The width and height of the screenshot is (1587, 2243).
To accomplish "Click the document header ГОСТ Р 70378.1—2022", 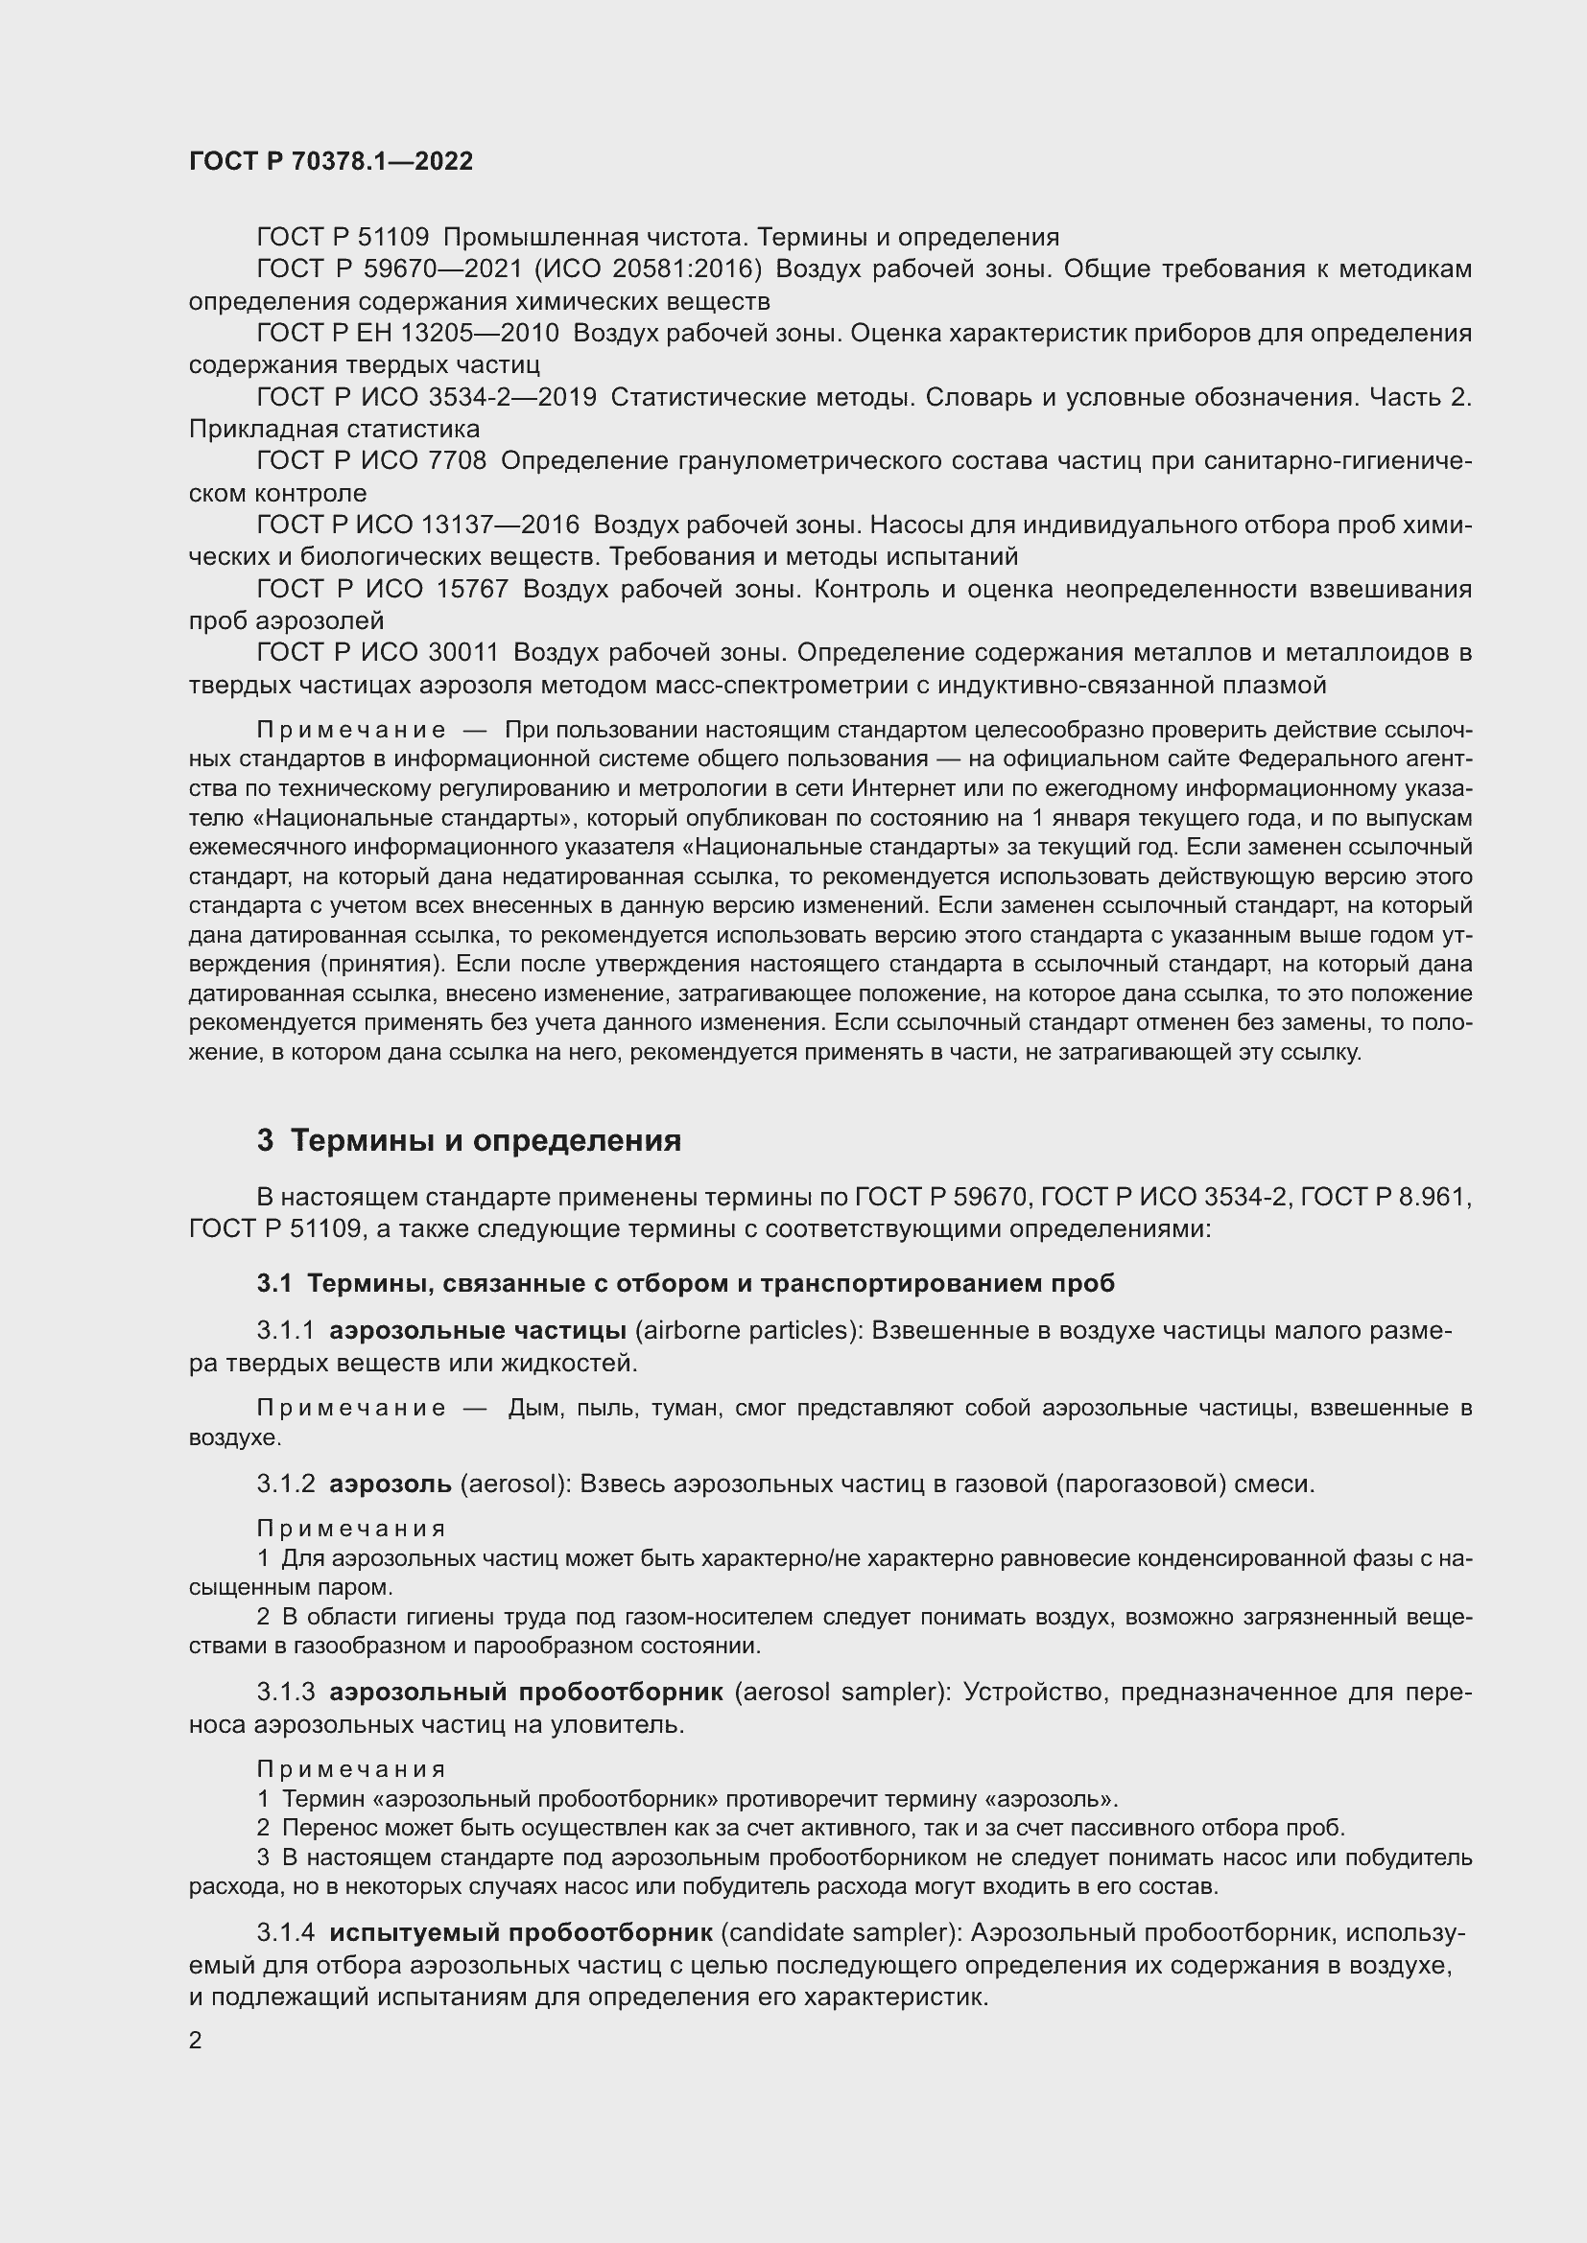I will pyautogui.click(x=330, y=161).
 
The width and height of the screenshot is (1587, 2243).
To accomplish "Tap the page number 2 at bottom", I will pyautogui.click(x=196, y=2041).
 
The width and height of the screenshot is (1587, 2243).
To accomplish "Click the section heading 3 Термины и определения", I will pyautogui.click(x=469, y=1140).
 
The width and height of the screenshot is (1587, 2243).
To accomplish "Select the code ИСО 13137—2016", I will pyautogui.click(x=471, y=525).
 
